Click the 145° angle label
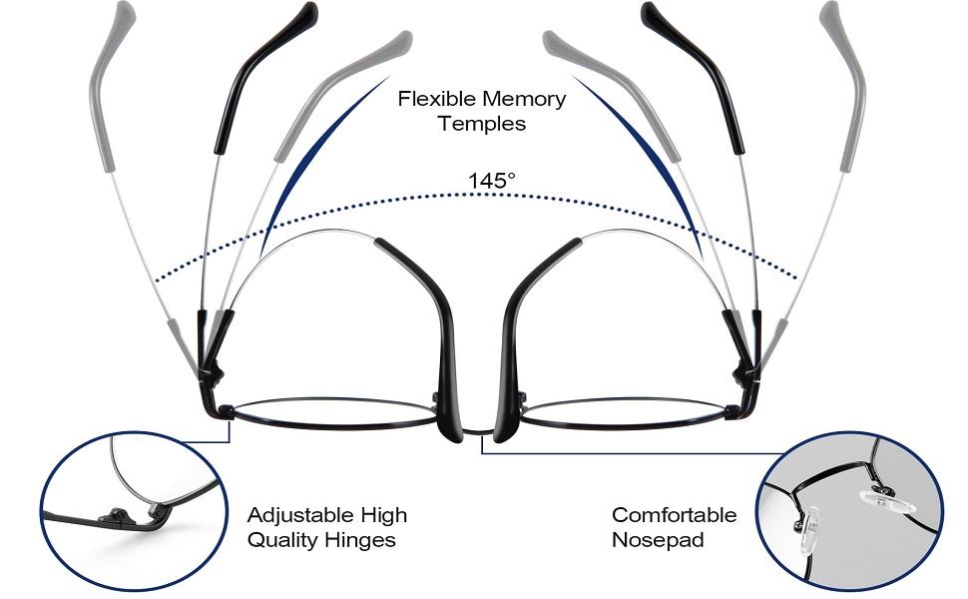(x=492, y=181)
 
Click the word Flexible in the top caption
(x=436, y=99)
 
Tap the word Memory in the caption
(x=524, y=99)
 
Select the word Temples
(x=481, y=125)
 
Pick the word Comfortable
(x=674, y=515)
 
